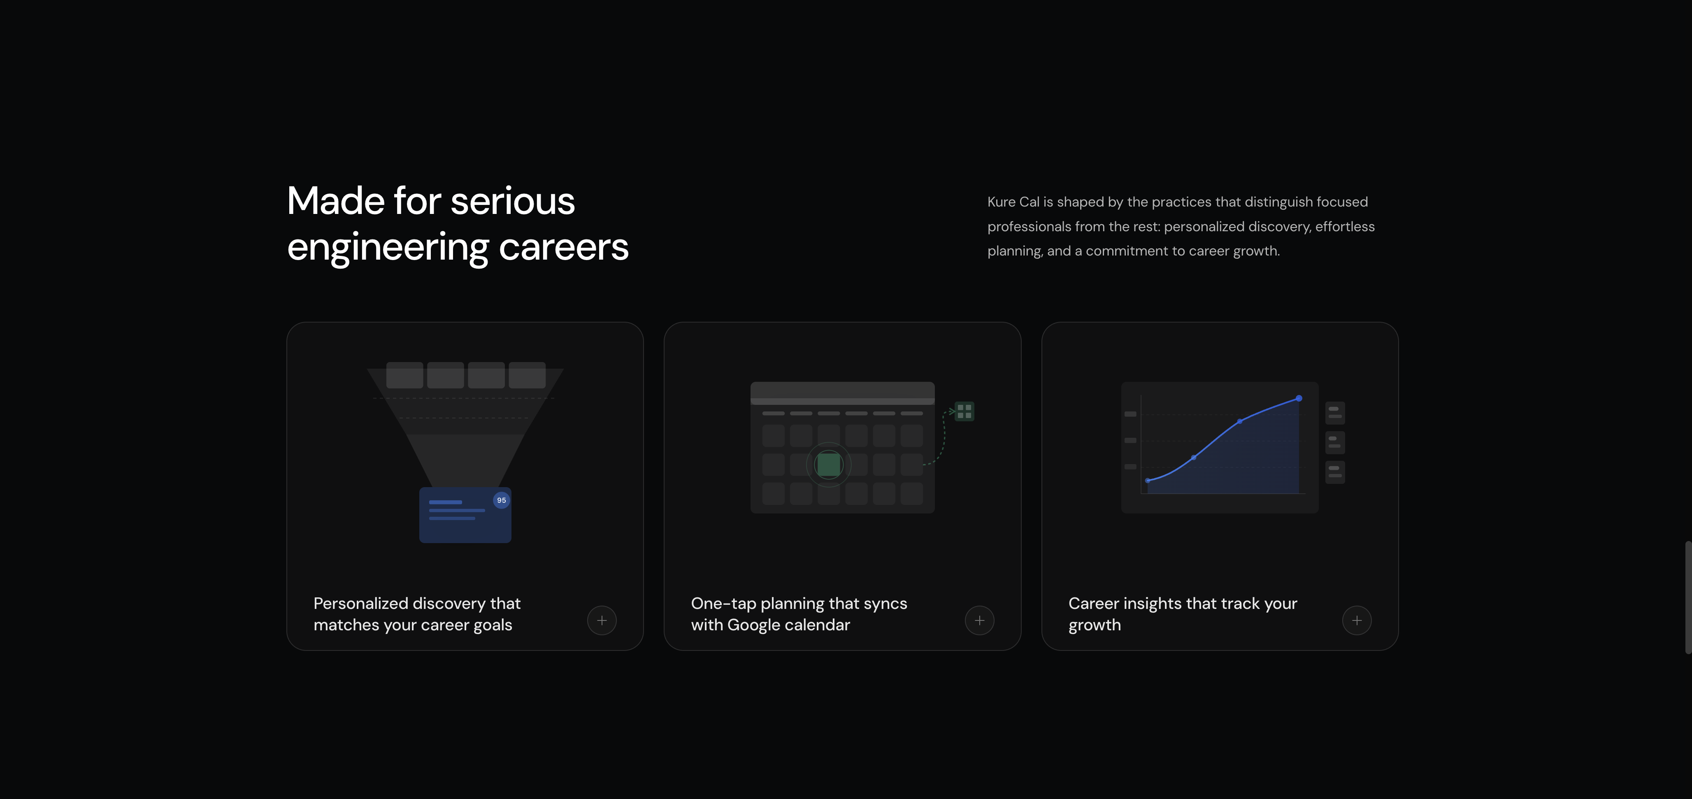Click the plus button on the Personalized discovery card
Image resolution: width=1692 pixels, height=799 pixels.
coord(602,620)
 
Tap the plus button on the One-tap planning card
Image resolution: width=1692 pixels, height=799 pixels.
coord(979,620)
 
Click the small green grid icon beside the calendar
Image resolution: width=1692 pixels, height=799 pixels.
coord(964,412)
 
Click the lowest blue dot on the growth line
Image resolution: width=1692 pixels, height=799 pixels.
coord(1148,481)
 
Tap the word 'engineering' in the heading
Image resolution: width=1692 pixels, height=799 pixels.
coord(388,248)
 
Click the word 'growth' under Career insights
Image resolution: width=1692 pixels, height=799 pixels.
coord(1094,625)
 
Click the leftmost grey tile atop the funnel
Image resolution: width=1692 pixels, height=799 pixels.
coord(404,375)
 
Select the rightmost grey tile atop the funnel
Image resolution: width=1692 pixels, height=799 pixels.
coord(527,375)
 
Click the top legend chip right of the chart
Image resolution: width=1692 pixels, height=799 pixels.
coord(1335,413)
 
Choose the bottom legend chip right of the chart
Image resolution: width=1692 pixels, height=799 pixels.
coord(1335,472)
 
